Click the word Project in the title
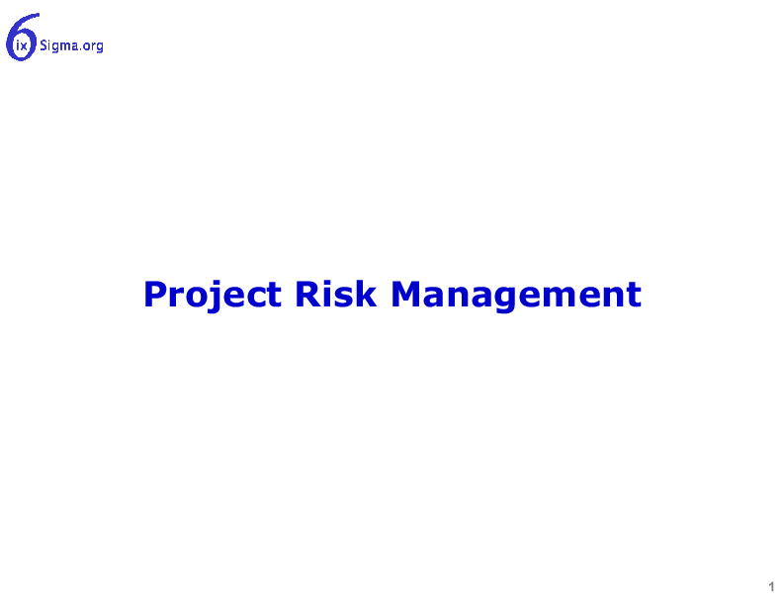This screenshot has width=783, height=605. [213, 296]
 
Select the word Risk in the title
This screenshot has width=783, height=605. [335, 294]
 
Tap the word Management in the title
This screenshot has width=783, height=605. [516, 296]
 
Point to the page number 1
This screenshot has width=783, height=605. [771, 586]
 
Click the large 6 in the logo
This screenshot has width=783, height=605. [21, 38]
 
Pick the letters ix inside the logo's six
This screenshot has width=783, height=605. [22, 46]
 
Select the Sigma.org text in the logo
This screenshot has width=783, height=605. [71, 45]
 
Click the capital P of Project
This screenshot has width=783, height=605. [155, 294]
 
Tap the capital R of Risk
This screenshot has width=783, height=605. [307, 294]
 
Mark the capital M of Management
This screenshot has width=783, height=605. [407, 294]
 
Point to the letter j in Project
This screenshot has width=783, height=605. [215, 296]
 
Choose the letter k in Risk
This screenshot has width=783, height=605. [366, 294]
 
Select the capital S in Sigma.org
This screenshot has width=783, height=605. [43, 45]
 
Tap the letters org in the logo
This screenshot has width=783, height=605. [93, 46]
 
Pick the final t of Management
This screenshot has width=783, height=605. [634, 295]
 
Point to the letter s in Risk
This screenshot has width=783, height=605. [345, 298]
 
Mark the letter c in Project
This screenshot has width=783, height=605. [256, 298]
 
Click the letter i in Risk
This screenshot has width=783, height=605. [329, 294]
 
